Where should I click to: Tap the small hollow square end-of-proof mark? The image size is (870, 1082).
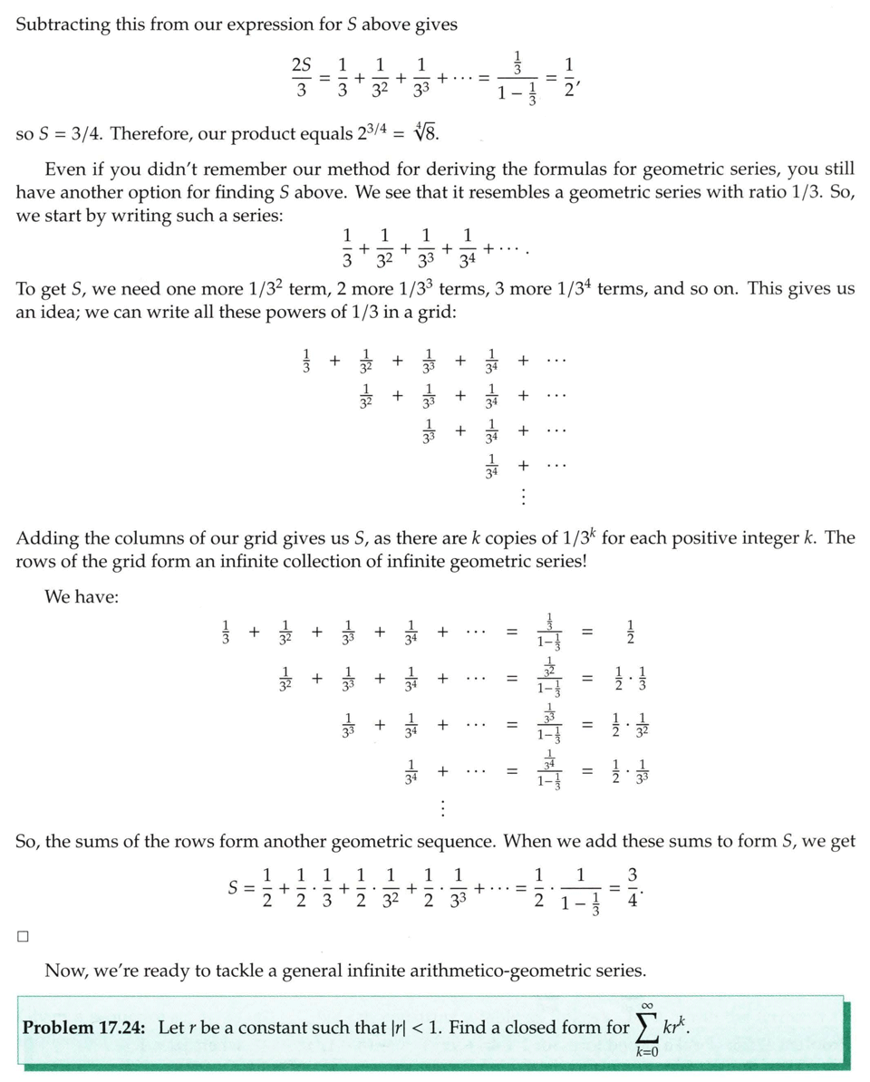[x=24, y=937]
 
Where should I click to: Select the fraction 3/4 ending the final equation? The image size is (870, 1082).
[x=633, y=890]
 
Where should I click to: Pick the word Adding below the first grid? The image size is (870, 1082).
[x=48, y=538]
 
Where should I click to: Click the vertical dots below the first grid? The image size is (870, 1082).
[x=524, y=497]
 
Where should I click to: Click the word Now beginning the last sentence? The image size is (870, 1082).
[x=65, y=971]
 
